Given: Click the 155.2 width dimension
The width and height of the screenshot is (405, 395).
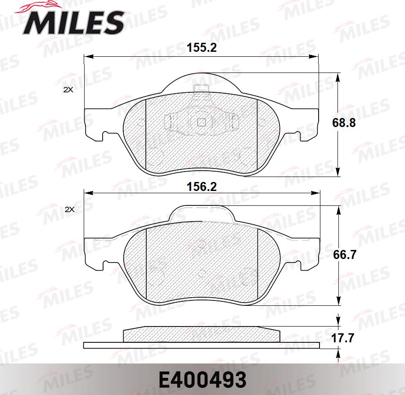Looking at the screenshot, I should coord(202,48).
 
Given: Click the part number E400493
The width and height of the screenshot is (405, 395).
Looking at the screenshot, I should coord(202,380).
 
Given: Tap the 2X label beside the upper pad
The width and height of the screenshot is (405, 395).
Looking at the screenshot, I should coord(68,90).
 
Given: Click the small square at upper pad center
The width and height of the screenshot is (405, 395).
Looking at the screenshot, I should coord(202,122).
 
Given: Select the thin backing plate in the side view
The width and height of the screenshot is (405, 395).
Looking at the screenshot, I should coord(202,345).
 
